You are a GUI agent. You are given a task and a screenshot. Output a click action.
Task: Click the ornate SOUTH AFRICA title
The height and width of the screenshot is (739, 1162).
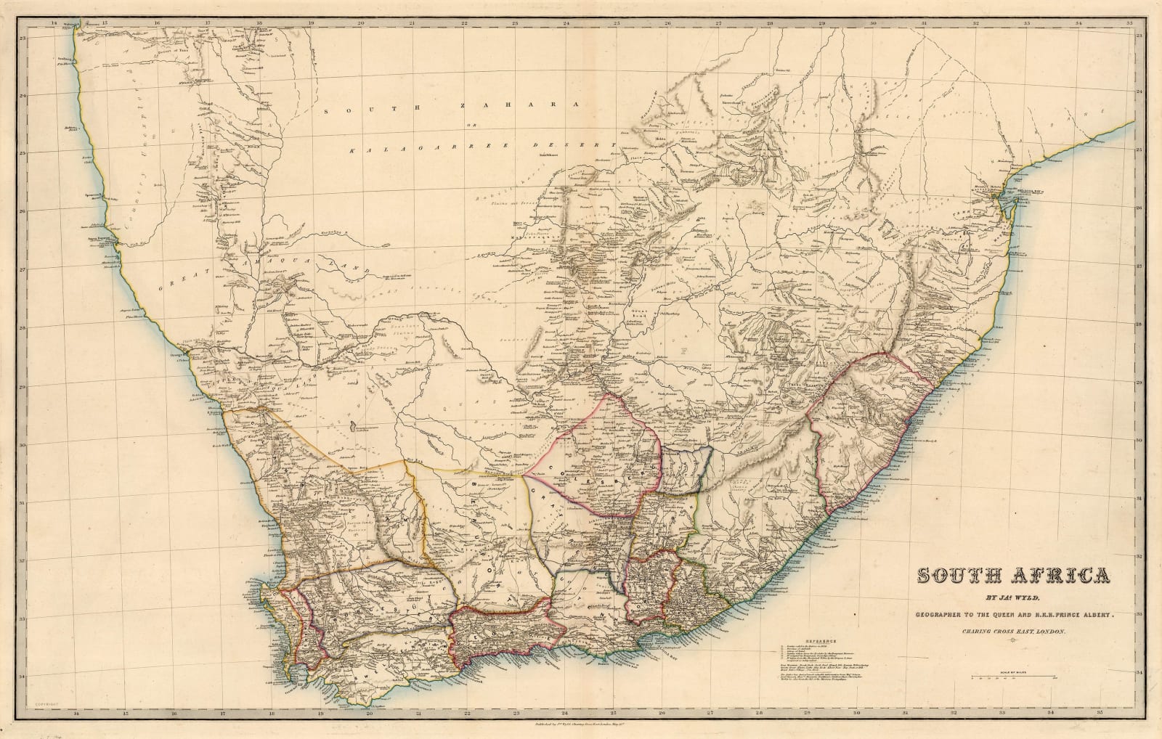tap(1014, 576)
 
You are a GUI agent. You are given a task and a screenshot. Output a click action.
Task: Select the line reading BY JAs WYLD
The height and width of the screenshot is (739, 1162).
tap(1014, 600)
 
